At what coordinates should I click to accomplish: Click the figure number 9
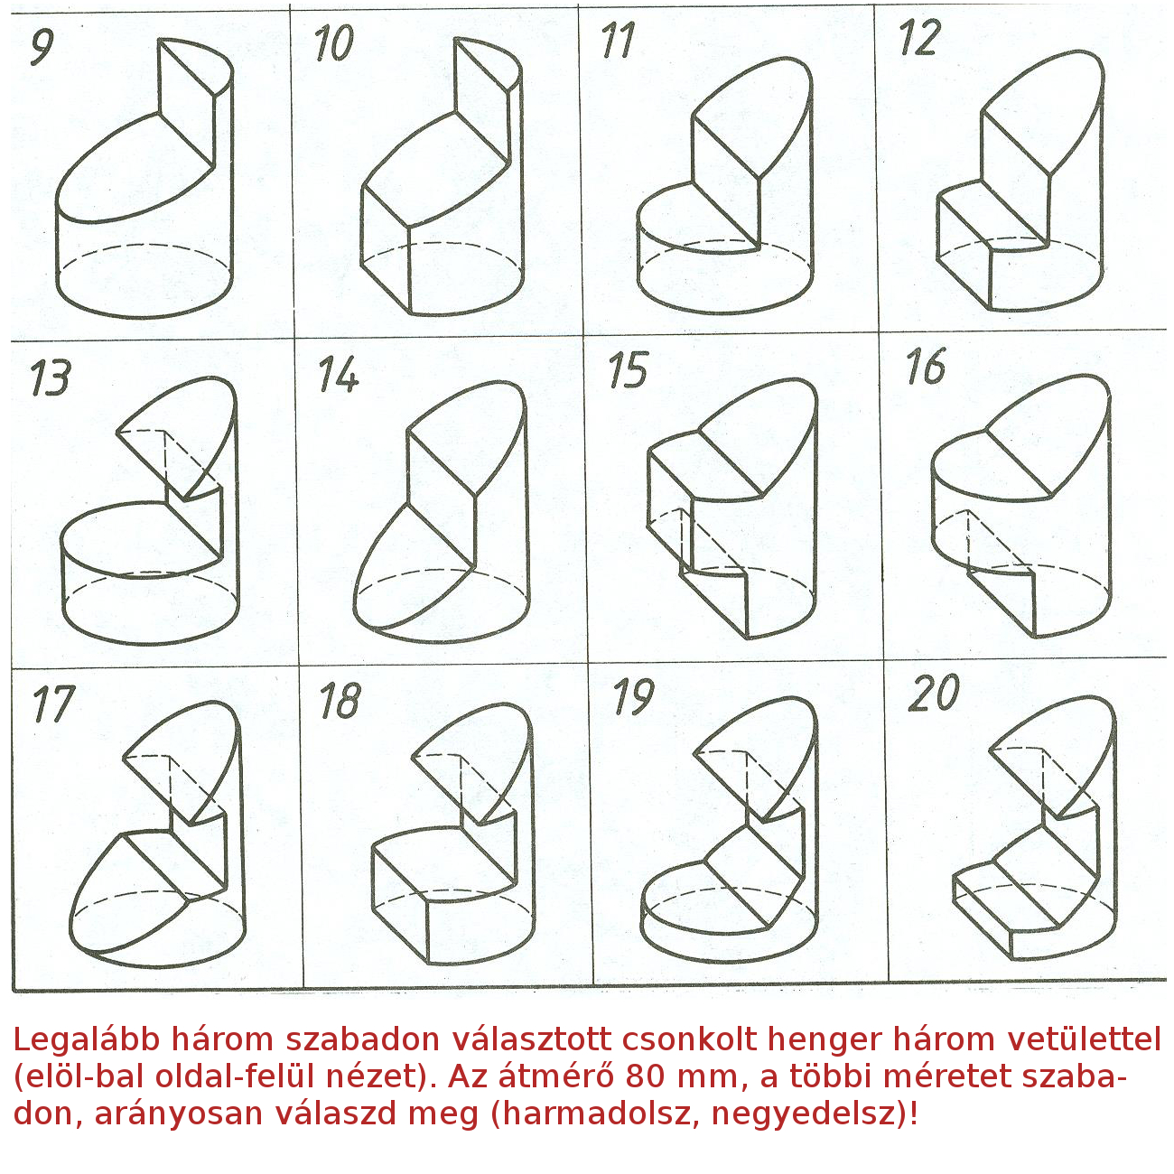pyautogui.click(x=42, y=46)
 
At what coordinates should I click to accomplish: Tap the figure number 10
pyautogui.click(x=333, y=43)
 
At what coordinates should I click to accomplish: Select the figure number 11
pyautogui.click(x=619, y=41)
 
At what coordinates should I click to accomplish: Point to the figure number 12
pyautogui.click(x=919, y=38)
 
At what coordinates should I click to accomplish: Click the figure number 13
pyautogui.click(x=51, y=377)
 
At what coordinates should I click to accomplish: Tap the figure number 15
pyautogui.click(x=628, y=369)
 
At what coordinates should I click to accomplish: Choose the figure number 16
pyautogui.click(x=926, y=366)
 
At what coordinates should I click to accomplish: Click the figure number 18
pyautogui.click(x=340, y=700)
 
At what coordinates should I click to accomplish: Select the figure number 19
pyautogui.click(x=634, y=696)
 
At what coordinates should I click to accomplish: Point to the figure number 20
pyautogui.click(x=934, y=693)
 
